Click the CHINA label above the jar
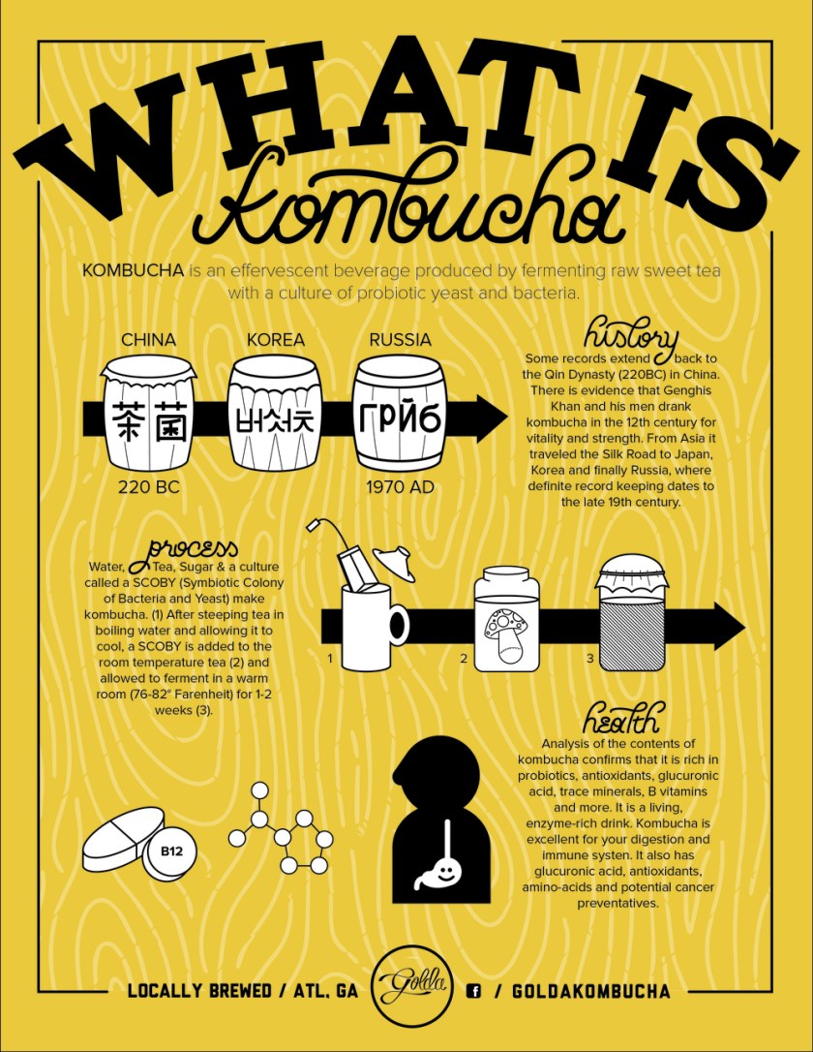148,340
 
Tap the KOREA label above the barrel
275,340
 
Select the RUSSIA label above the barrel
400,340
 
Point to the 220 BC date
148,487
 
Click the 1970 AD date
400,487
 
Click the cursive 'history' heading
630,336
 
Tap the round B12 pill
171,852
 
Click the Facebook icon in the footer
474,991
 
